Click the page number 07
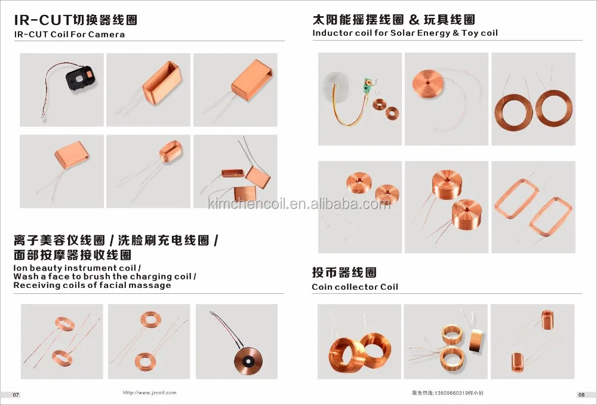pyautogui.click(x=16, y=395)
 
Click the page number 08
pyautogui.click(x=581, y=395)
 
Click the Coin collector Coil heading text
pyautogui.click(x=355, y=287)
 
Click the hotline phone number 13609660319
pyautogui.click(x=450, y=393)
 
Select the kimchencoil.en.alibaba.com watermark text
pyautogui.click(x=298, y=205)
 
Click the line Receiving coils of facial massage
pyautogui.click(x=92, y=285)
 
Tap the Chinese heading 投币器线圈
pyautogui.click(x=344, y=273)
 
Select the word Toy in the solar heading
pyautogui.click(x=470, y=33)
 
